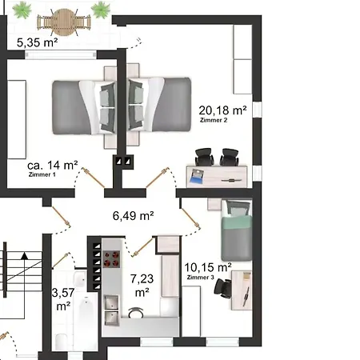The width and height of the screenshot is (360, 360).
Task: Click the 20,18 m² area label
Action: coord(222,110)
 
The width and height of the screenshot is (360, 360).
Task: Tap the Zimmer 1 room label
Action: coord(42,174)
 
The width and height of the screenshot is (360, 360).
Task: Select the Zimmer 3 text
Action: coord(201,278)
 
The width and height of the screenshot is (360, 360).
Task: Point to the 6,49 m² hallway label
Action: coord(133,216)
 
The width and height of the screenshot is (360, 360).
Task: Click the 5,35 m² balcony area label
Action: coord(38,42)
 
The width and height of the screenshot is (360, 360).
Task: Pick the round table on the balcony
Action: coord(64,22)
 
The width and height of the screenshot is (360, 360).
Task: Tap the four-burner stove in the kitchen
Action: coord(111,259)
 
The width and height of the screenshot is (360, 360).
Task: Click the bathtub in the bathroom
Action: coord(86,322)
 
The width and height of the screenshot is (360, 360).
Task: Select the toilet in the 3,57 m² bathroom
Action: coord(62,342)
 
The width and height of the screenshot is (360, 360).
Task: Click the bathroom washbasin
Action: coord(79,279)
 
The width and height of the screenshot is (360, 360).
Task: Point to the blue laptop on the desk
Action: coord(196,176)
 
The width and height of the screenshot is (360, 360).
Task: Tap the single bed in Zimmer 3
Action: coord(237,230)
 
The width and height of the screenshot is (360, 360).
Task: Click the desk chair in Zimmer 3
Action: coord(223,288)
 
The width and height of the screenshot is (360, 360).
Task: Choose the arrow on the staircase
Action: coord(25,285)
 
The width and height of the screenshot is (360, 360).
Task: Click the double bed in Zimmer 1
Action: coord(84,106)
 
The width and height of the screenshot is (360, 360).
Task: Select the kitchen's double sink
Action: coord(111,310)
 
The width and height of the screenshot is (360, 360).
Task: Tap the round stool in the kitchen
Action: coord(136,313)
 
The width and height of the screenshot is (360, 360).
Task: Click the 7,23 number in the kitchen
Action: coord(142,279)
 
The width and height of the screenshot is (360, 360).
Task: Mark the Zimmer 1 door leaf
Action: coord(93,178)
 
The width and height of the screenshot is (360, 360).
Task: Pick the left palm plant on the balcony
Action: coord(22,10)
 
